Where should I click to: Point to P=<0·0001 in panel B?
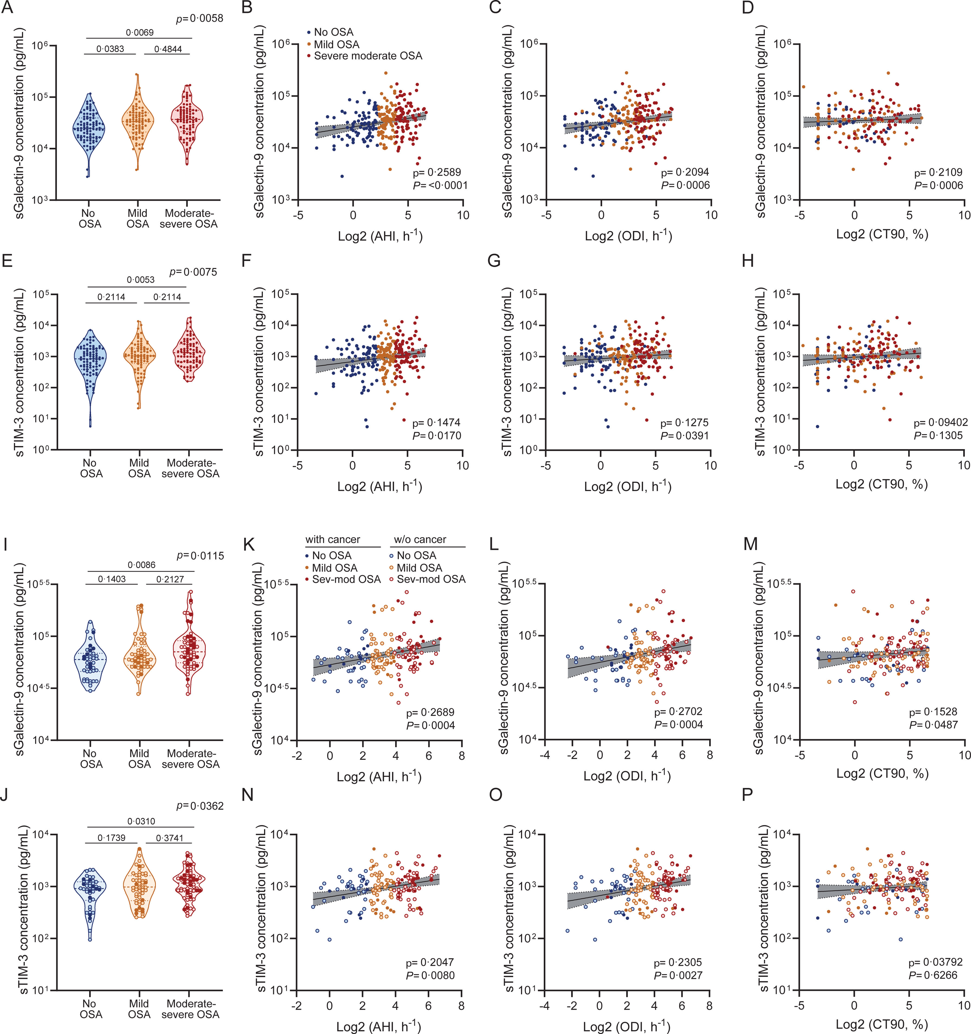[440, 185]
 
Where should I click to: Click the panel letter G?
[494, 260]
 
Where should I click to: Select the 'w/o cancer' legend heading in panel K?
[420, 539]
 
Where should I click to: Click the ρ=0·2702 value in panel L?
[679, 712]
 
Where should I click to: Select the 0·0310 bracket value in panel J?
[141, 821]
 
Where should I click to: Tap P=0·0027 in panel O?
[678, 975]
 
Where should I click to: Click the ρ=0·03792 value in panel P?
[935, 962]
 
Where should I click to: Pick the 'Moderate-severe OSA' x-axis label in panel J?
[190, 1009]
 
